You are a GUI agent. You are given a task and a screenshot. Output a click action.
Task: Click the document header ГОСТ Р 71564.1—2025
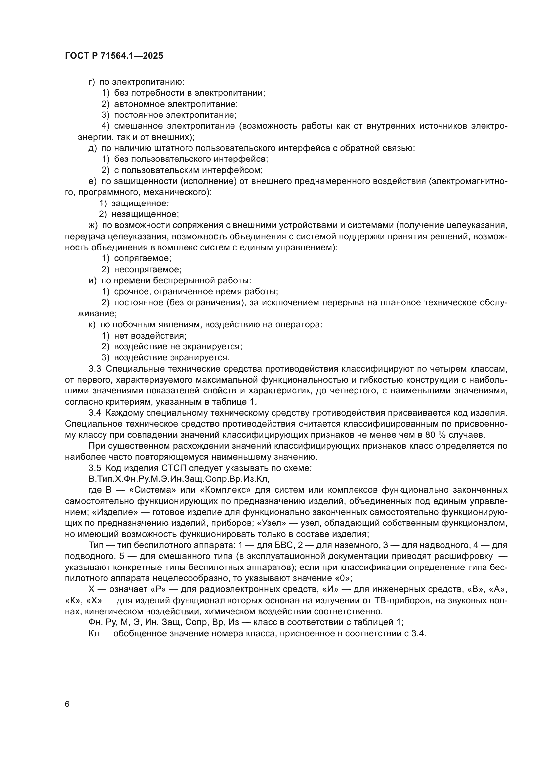[114, 56]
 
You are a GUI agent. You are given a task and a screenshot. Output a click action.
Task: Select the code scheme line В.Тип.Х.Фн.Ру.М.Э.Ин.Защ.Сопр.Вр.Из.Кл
[179, 479]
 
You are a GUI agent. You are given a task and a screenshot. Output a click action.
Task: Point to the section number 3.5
[95, 468]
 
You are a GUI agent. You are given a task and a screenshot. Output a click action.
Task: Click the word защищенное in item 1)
[140, 203]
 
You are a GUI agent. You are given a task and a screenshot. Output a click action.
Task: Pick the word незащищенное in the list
[145, 214]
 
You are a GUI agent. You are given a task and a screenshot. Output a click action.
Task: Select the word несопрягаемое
[148, 269]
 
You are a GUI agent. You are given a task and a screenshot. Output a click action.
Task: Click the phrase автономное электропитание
[176, 104]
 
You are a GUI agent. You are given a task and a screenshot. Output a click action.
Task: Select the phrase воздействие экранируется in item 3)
[172, 357]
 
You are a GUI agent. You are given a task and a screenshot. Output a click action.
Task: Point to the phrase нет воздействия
[150, 336]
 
